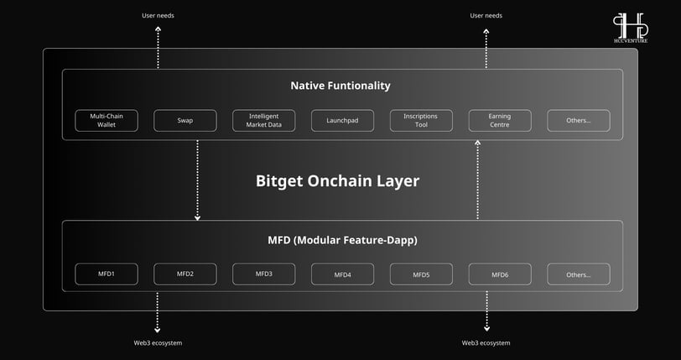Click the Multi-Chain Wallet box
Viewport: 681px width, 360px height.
(x=107, y=121)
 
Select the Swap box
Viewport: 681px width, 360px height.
(x=185, y=121)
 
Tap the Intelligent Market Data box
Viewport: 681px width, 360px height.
(x=263, y=121)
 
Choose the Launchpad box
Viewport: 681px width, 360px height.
(x=342, y=121)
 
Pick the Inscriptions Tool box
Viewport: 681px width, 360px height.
(x=421, y=121)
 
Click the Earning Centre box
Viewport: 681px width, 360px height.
(x=500, y=121)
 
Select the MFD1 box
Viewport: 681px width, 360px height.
(x=107, y=274)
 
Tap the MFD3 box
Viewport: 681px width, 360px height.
(x=263, y=274)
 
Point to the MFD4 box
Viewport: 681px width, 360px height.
(x=342, y=274)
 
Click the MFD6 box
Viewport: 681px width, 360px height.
(x=500, y=274)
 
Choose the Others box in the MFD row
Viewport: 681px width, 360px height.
(x=579, y=274)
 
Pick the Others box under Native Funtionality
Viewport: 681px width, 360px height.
(x=579, y=121)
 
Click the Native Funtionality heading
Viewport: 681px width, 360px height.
(x=340, y=86)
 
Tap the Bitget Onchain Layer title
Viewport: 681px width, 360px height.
(x=337, y=181)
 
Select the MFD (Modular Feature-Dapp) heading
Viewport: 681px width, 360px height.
(x=342, y=240)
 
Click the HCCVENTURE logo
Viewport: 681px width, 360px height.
(x=631, y=28)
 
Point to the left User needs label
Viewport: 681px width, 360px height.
(x=158, y=16)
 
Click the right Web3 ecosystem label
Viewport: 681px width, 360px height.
(x=486, y=343)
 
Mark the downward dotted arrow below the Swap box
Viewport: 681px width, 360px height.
(x=198, y=180)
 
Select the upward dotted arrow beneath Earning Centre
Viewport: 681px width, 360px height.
(x=478, y=180)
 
